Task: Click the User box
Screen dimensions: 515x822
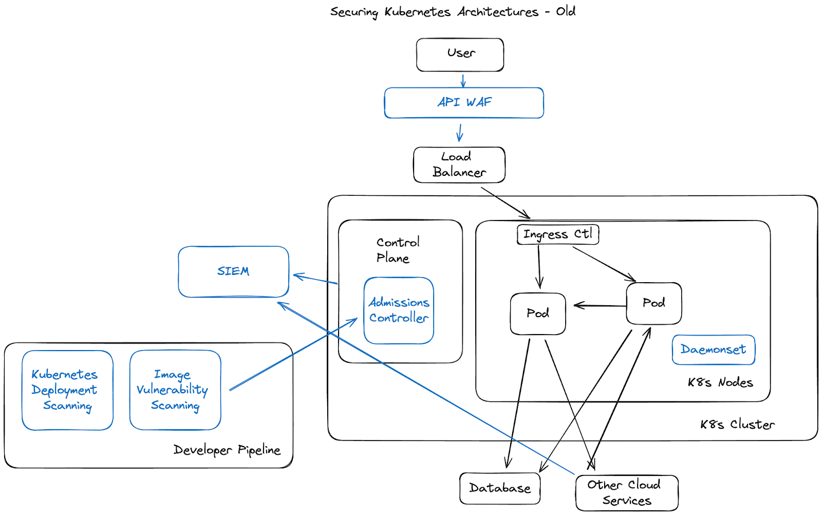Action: click(x=460, y=54)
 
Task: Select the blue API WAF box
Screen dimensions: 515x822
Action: click(x=464, y=103)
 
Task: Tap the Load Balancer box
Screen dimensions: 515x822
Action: click(x=459, y=164)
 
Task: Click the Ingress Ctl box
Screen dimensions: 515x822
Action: click(x=557, y=234)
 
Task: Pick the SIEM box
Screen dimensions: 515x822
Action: click(x=233, y=271)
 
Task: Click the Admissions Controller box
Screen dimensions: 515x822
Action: click(x=399, y=310)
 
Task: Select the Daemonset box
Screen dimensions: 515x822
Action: click(x=713, y=350)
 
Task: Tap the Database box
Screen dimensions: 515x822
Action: click(x=499, y=488)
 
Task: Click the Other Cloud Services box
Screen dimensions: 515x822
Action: click(x=626, y=492)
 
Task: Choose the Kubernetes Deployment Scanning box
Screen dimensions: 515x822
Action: click(x=67, y=390)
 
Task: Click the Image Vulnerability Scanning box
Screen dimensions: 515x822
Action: click(x=175, y=390)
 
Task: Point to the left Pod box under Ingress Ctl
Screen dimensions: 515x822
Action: click(x=537, y=314)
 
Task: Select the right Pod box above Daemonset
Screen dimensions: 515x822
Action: click(x=653, y=303)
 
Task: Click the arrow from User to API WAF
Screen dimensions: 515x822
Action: click(x=463, y=81)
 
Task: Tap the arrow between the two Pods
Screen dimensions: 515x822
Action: click(x=599, y=306)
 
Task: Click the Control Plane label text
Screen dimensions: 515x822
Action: click(x=397, y=250)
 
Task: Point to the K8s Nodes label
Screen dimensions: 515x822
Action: click(x=720, y=382)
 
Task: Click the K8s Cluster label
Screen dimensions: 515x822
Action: click(x=737, y=425)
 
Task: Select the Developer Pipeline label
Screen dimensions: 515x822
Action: click(x=227, y=450)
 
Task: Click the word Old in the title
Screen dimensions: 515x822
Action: click(x=566, y=11)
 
